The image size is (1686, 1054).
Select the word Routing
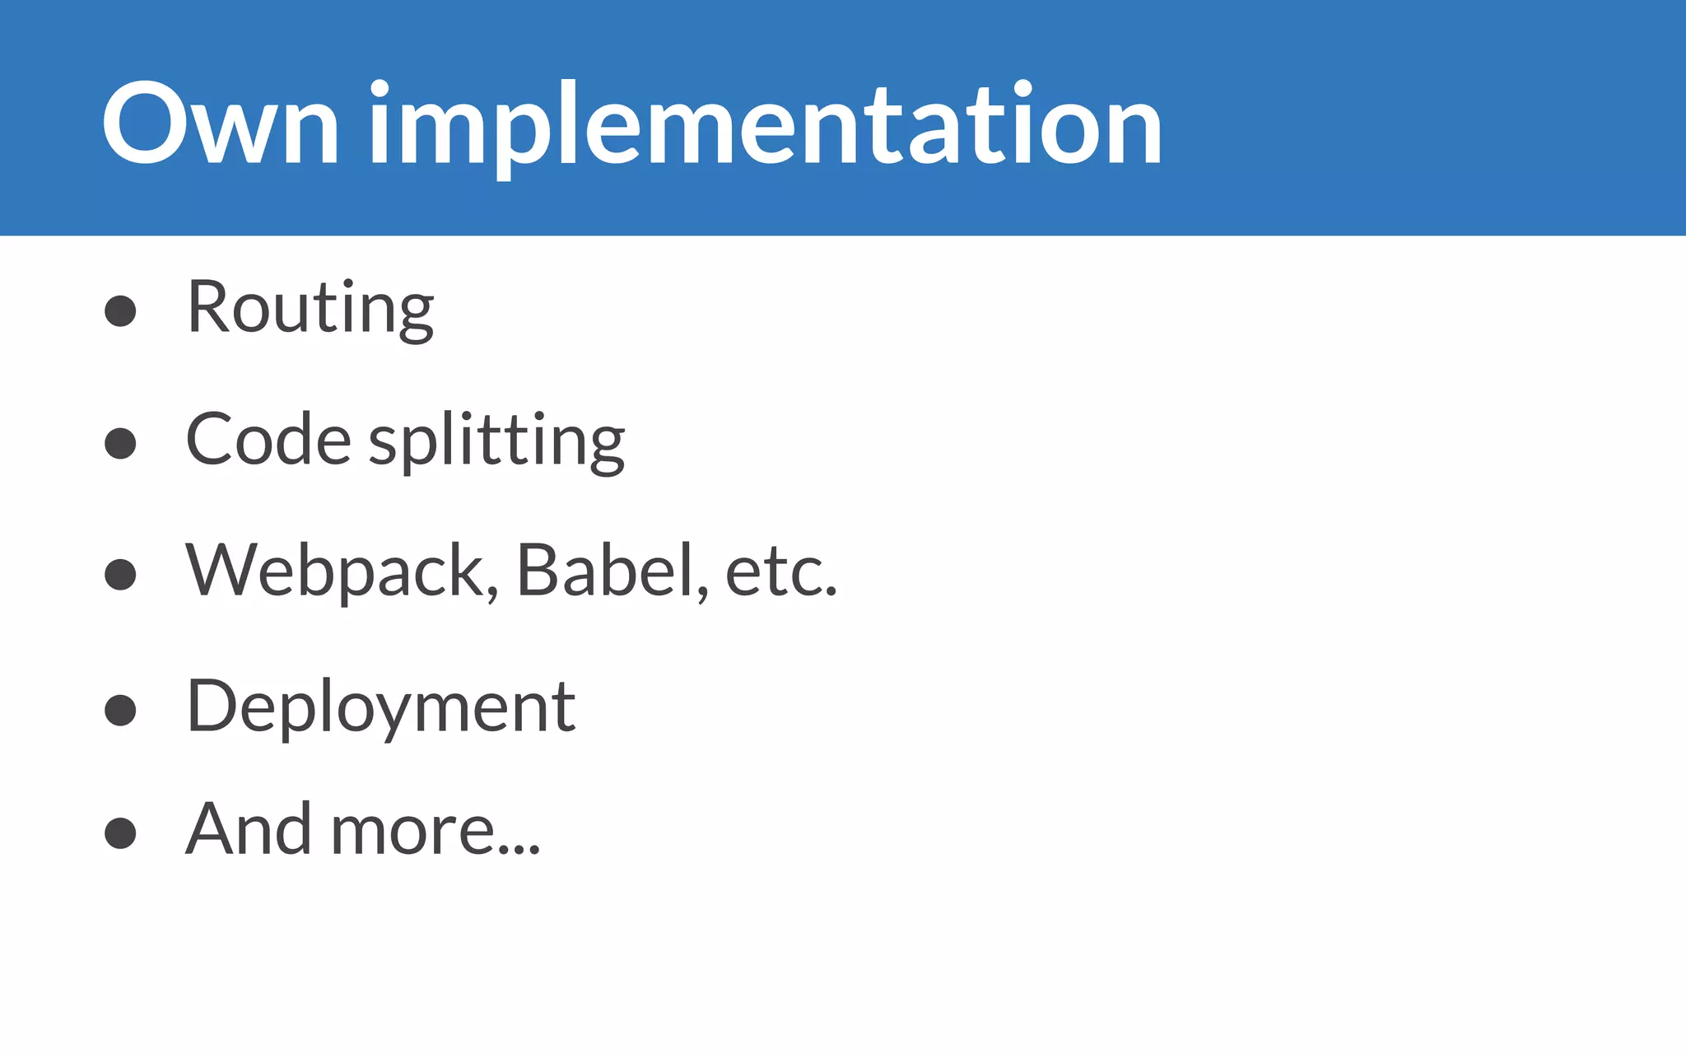tap(310, 308)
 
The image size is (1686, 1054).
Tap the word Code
tap(268, 440)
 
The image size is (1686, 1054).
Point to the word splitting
tap(496, 441)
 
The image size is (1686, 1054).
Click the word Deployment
tap(381, 707)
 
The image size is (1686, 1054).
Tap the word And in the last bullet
tap(248, 829)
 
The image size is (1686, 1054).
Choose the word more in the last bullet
tap(412, 832)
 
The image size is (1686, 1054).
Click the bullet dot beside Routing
tap(120, 311)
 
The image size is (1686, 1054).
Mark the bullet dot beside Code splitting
tap(120, 443)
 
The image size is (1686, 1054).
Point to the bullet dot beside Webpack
tap(120, 575)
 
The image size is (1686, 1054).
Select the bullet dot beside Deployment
tap(120, 710)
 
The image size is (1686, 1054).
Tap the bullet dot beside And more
tap(120, 832)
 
